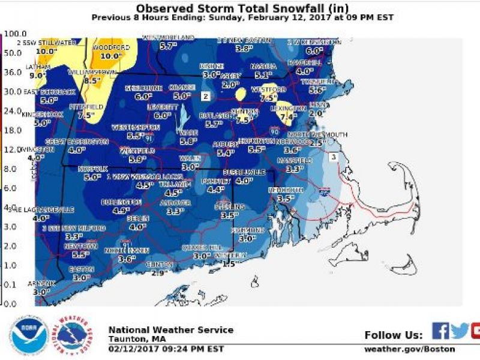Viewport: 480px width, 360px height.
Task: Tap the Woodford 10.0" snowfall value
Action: (x=110, y=56)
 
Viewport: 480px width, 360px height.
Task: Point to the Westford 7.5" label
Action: (x=268, y=98)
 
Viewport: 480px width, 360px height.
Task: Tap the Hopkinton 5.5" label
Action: (x=256, y=149)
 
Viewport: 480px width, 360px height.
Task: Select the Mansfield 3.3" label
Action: (x=295, y=169)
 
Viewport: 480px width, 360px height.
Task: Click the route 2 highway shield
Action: (x=205, y=96)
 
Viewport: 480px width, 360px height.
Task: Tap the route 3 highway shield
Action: (x=333, y=157)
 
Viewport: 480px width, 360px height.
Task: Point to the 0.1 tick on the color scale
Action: (x=11, y=284)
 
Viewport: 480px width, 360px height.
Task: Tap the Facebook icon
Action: (x=440, y=331)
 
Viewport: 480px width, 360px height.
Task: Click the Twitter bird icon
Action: (x=460, y=331)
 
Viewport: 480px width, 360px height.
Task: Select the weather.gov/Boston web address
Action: (x=409, y=349)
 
